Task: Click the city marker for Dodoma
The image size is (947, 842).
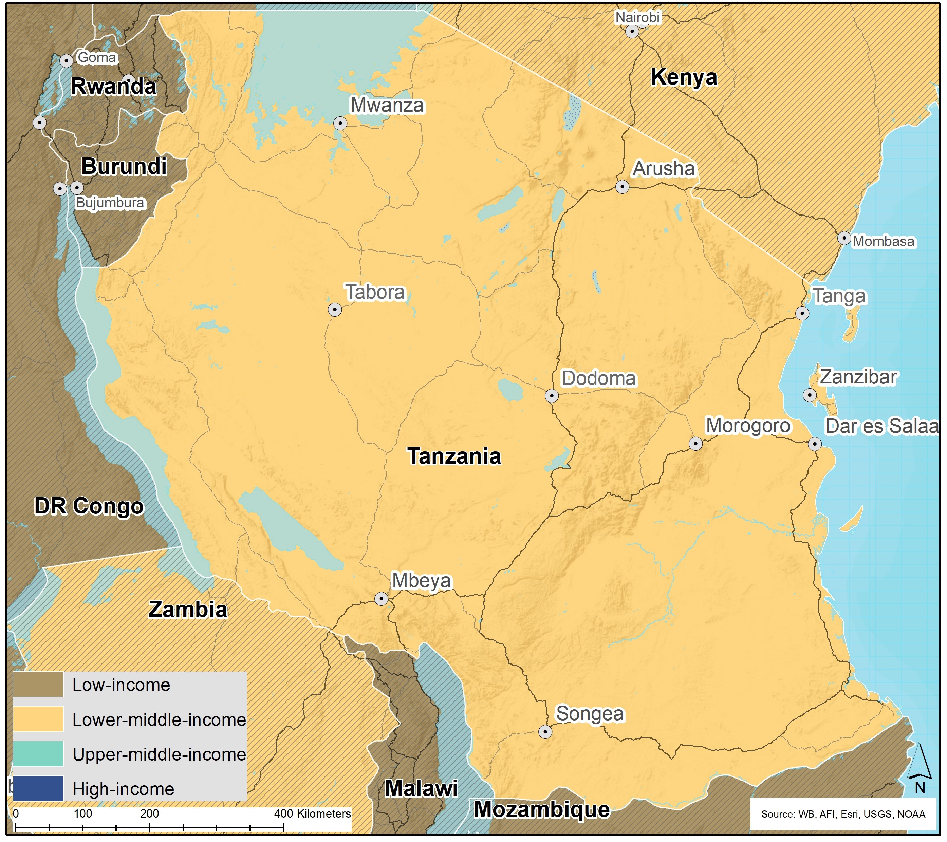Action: tap(551, 396)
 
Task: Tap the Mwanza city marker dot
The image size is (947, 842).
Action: tap(340, 123)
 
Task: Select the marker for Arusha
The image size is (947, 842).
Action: tap(622, 187)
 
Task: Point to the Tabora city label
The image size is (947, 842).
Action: tap(375, 292)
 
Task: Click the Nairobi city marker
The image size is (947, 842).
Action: tap(632, 32)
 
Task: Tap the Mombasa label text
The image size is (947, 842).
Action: tap(884, 241)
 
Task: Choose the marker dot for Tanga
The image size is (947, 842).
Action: tap(802, 313)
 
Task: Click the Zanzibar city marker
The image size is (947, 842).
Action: tap(810, 395)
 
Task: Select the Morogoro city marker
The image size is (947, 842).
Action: tap(695, 444)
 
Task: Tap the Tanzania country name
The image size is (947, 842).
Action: tap(454, 456)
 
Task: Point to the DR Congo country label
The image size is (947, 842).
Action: tap(89, 506)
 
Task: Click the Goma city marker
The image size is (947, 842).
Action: tap(66, 61)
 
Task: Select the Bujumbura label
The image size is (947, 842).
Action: tap(110, 203)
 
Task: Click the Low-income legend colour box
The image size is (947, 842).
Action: tap(38, 685)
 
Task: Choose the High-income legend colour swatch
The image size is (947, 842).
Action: tap(38, 789)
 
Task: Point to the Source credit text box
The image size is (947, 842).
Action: tap(843, 814)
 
